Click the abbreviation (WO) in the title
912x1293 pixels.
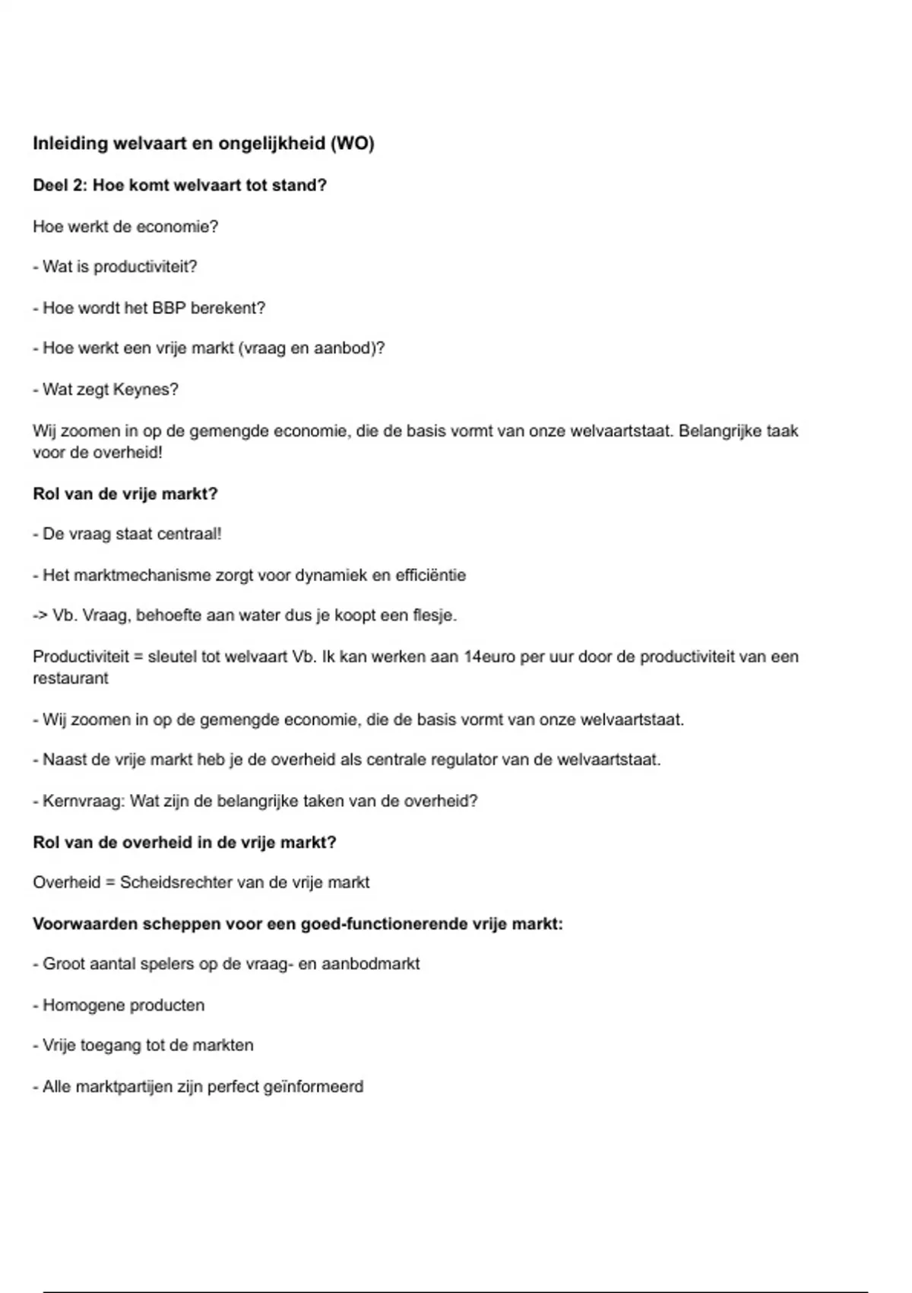click(x=353, y=144)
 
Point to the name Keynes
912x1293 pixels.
click(x=144, y=390)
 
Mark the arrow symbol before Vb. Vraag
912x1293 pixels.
click(x=40, y=615)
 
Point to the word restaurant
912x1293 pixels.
click(x=70, y=678)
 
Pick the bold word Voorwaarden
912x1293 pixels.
click(x=86, y=924)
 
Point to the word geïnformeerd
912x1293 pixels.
click(x=313, y=1087)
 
